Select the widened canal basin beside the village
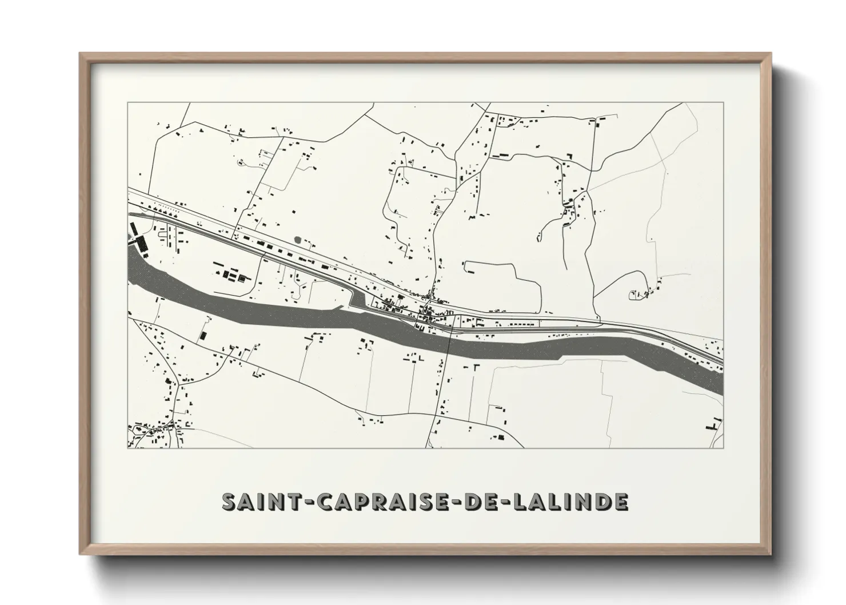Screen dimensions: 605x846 pos(358,301)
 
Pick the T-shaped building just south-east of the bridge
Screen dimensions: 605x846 pos(475,368)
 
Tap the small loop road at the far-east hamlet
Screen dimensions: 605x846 pos(634,295)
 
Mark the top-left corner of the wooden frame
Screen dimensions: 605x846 pos(80,54)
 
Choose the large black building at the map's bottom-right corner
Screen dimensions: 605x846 pos(712,426)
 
